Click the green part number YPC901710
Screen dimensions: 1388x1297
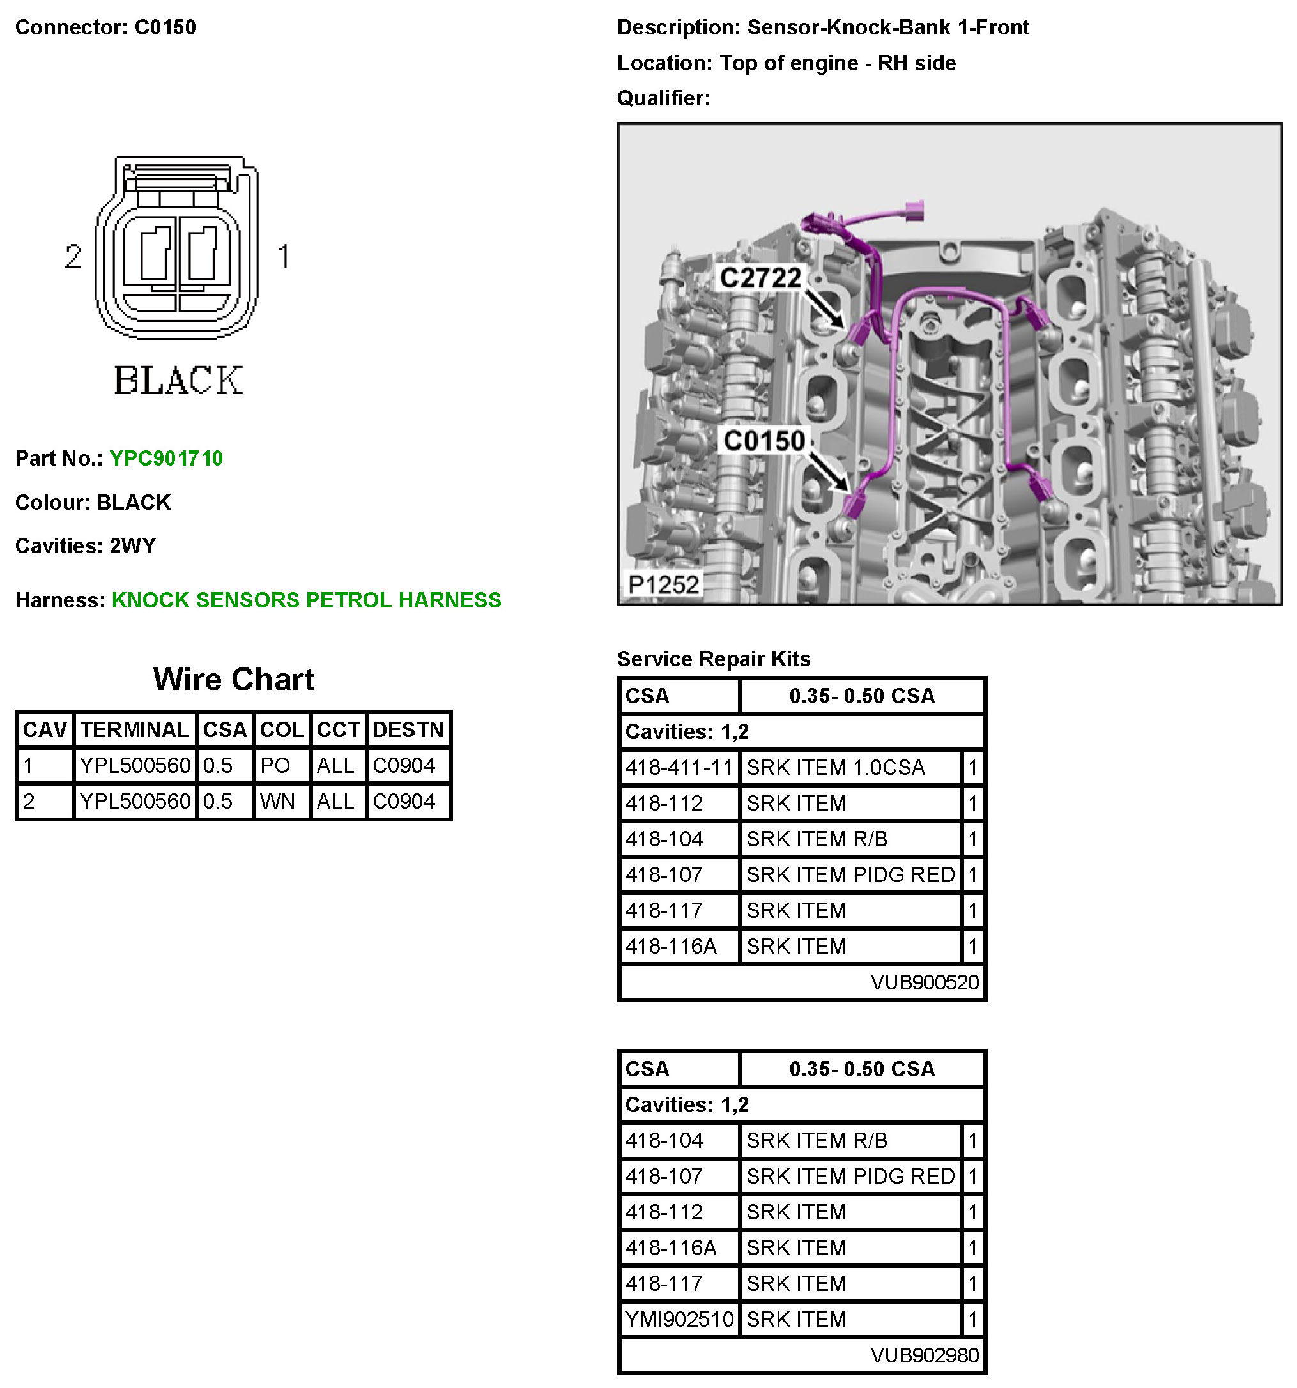pyautogui.click(x=166, y=459)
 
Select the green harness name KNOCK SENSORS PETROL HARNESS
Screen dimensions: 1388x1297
pyautogui.click(x=306, y=600)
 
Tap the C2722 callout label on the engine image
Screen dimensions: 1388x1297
pyautogui.click(x=760, y=278)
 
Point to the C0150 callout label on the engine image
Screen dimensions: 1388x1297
pyautogui.click(x=764, y=441)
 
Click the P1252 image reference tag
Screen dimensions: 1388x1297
pyautogui.click(x=663, y=584)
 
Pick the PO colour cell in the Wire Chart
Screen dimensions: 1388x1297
pyautogui.click(x=275, y=766)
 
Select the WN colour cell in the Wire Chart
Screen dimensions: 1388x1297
pyautogui.click(x=277, y=802)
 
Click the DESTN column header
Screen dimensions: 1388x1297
pyautogui.click(x=408, y=730)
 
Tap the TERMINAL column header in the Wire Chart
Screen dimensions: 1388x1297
pyautogui.click(x=135, y=730)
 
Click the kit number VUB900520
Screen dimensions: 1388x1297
pyautogui.click(x=923, y=983)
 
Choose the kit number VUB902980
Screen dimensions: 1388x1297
pyautogui.click(x=923, y=1355)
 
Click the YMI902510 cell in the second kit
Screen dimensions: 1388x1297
pyautogui.click(x=679, y=1319)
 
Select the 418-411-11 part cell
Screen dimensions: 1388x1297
pyautogui.click(x=679, y=768)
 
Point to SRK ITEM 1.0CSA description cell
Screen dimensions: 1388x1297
pyautogui.click(x=835, y=768)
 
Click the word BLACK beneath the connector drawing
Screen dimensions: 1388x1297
pyautogui.click(x=179, y=381)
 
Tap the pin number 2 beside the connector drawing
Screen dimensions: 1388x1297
pyautogui.click(x=73, y=257)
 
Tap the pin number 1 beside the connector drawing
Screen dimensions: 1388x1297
pyautogui.click(x=283, y=257)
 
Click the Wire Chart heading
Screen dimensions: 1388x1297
pyautogui.click(x=233, y=680)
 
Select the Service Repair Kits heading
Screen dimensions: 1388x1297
pyautogui.click(x=713, y=659)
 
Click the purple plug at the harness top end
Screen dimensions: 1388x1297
pyautogui.click(x=913, y=210)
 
